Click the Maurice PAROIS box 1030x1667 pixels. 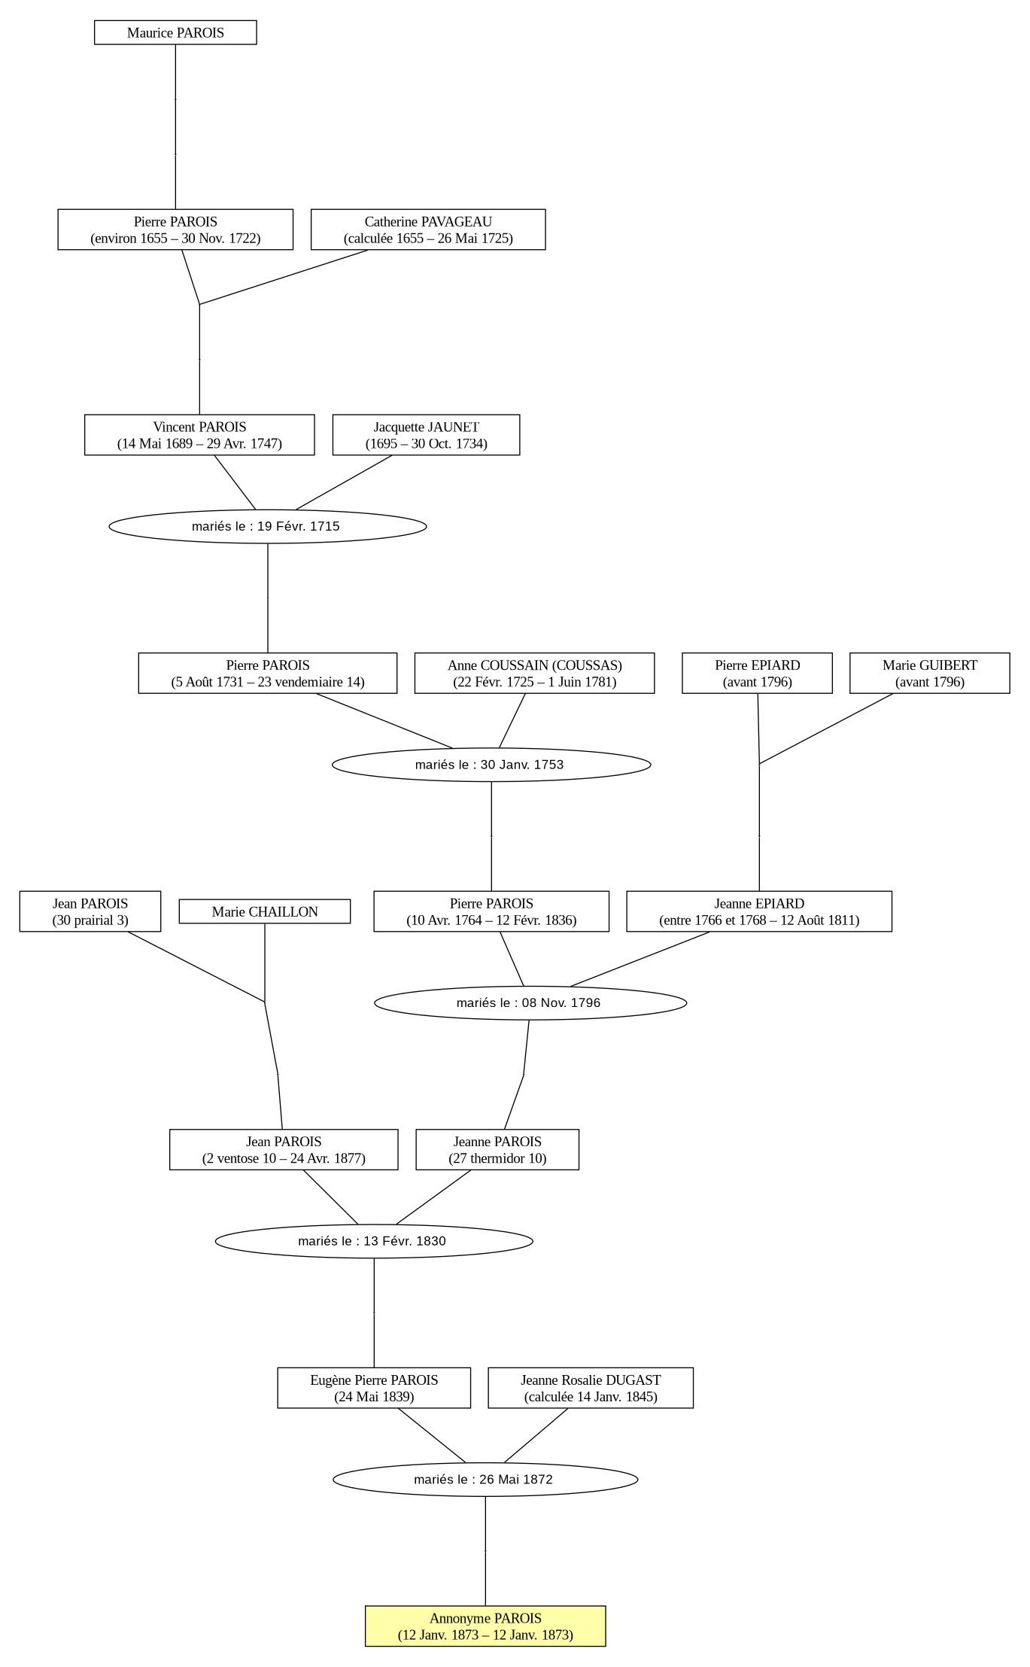pyautogui.click(x=175, y=32)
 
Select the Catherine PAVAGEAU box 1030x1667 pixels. pyautogui.click(x=428, y=230)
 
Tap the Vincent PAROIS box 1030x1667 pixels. pyautogui.click(x=199, y=435)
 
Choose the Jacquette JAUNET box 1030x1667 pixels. pyautogui.click(x=426, y=435)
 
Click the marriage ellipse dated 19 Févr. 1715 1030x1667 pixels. pyautogui.click(x=268, y=526)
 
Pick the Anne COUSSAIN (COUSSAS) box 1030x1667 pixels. pyautogui.click(x=534, y=673)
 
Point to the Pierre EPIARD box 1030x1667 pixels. pyautogui.click(x=757, y=673)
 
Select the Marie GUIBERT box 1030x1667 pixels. pyautogui.click(x=930, y=673)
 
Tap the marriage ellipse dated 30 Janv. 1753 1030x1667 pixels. pyautogui.click(x=491, y=765)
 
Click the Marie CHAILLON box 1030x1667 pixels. pyautogui.click(x=265, y=911)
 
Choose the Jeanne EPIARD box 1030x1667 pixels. pyautogui.click(x=759, y=911)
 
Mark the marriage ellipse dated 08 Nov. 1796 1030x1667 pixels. pyautogui.click(x=530, y=1002)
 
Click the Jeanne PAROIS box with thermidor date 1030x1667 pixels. pyautogui.click(x=497, y=1149)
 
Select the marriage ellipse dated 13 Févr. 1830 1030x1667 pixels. pyautogui.click(x=374, y=1241)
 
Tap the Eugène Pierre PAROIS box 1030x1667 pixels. pyautogui.click(x=374, y=1388)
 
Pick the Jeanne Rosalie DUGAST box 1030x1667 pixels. pyautogui.click(x=591, y=1388)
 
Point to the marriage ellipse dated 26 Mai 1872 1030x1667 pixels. pyautogui.click(x=485, y=1480)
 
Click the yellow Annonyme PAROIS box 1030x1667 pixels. pyautogui.click(x=485, y=1626)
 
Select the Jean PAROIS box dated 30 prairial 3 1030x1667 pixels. pyautogui.click(x=90, y=911)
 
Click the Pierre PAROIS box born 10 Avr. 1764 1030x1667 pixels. pyautogui.click(x=491, y=911)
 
